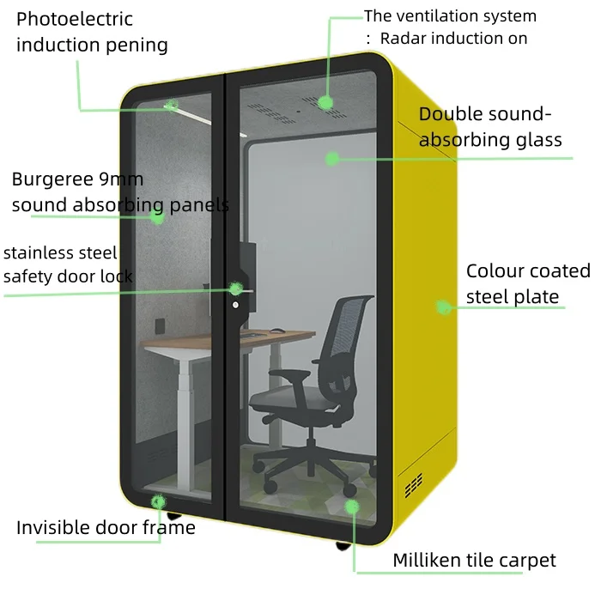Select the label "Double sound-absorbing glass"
(x=490, y=127)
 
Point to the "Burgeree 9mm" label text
(x=77, y=179)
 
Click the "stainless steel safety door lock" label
(x=68, y=264)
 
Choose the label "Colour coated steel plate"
(x=527, y=284)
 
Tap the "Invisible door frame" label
(x=106, y=527)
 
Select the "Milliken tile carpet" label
(x=474, y=561)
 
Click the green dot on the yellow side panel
(x=443, y=307)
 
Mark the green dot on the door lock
(x=235, y=289)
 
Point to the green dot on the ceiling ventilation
(x=325, y=102)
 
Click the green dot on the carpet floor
(x=351, y=506)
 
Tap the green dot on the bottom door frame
(x=158, y=501)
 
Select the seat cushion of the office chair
(x=288, y=398)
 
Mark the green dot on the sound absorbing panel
(x=157, y=216)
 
